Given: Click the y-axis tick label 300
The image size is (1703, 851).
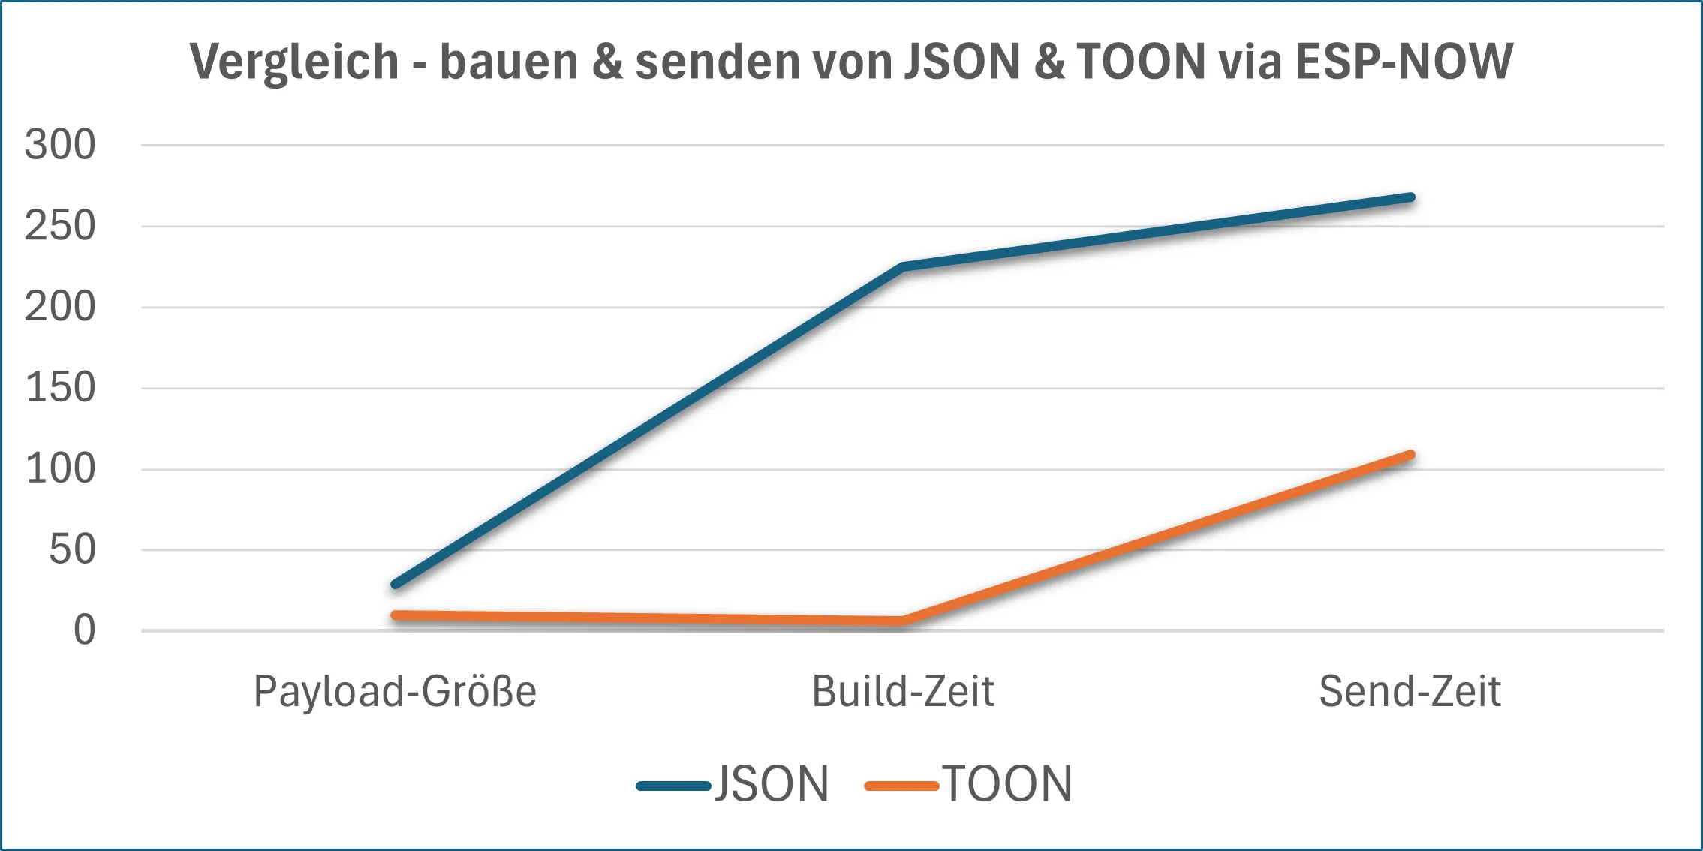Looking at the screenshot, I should [x=60, y=145].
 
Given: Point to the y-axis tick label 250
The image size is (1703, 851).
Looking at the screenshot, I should [x=60, y=226].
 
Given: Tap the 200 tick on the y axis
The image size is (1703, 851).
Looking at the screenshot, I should [x=60, y=307].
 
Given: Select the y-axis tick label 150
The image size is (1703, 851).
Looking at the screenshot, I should [x=60, y=388].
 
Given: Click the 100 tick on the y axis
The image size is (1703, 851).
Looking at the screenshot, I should [x=60, y=469].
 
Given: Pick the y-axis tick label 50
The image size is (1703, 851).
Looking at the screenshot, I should [x=72, y=549].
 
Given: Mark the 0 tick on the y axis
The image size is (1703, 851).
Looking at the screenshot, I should [x=84, y=630].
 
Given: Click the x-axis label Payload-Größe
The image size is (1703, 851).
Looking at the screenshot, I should [x=395, y=691].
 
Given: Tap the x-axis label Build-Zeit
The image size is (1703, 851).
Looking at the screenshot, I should [x=903, y=691].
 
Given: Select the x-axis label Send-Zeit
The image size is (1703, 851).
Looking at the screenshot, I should [x=1410, y=691].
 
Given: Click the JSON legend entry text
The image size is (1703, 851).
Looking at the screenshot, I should [x=772, y=784].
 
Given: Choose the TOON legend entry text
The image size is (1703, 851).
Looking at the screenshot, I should [x=1007, y=784].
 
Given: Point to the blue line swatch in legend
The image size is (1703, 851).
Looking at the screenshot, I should [x=673, y=786].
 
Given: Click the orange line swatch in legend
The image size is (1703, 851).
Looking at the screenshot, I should [x=901, y=786].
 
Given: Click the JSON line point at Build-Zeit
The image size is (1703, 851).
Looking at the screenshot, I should [x=903, y=266].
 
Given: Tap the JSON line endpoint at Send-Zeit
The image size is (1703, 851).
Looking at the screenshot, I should [x=1410, y=197].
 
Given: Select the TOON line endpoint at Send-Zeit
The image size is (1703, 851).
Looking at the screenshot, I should [x=1410, y=455].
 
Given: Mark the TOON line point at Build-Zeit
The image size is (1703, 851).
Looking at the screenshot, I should [x=903, y=621].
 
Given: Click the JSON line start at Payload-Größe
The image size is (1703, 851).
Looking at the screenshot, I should [x=396, y=584].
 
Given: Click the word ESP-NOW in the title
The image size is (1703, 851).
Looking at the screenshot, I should [x=1404, y=62].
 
